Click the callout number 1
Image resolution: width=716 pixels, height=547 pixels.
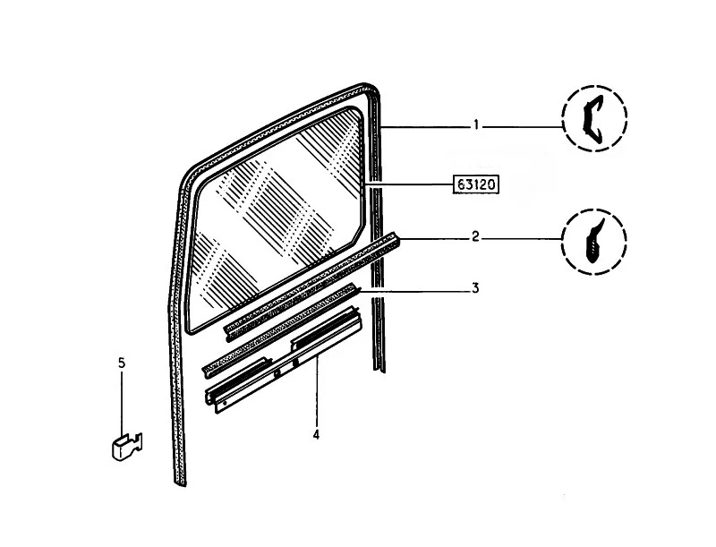click(476, 124)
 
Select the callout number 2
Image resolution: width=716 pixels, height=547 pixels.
click(475, 236)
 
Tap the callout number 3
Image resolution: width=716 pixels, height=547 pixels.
click(475, 288)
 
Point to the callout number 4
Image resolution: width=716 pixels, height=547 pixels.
click(316, 435)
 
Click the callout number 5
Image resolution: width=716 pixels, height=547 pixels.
click(122, 363)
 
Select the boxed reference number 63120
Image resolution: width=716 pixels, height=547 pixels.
click(475, 184)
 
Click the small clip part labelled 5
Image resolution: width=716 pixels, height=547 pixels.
click(127, 447)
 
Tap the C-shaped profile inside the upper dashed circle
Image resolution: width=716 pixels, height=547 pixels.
click(592, 118)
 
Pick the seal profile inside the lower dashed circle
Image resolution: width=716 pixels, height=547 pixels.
click(593, 241)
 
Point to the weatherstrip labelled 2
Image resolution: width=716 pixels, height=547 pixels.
click(311, 286)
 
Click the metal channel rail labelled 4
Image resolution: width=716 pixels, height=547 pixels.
click(283, 360)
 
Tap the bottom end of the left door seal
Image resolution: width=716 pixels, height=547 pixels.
click(181, 483)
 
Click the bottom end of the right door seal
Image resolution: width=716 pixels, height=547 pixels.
click(379, 370)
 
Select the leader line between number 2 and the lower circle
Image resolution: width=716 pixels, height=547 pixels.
click(521, 238)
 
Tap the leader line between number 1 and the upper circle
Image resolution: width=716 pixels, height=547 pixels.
click(521, 126)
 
